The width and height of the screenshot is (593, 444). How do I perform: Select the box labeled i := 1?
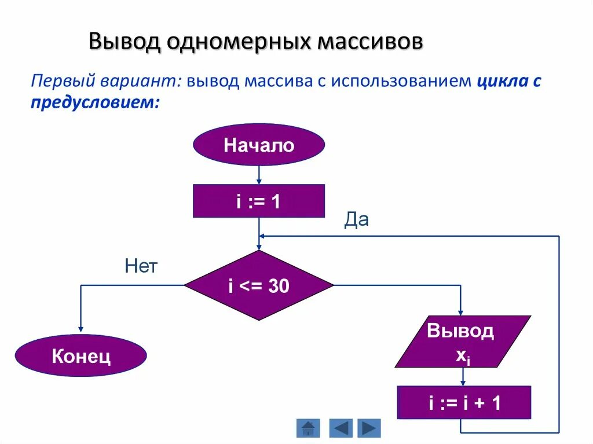pos(259,201)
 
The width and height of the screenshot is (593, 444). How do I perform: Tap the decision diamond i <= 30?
pos(259,285)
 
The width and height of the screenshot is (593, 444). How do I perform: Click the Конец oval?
pos(81,356)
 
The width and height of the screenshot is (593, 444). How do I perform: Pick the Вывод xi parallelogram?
pos(462,342)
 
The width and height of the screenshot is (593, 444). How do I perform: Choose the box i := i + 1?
pos(464,402)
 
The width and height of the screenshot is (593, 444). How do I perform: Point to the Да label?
pos(357,220)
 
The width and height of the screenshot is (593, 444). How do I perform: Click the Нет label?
pos(141,266)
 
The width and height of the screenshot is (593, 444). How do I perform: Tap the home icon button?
pos(308,428)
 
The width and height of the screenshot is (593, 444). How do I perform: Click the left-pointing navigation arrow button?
pos(341,428)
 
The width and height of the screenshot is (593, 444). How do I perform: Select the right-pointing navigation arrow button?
pos(369,428)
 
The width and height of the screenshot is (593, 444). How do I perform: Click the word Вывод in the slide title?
pos(124,43)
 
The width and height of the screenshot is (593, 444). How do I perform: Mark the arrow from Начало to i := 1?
pos(259,174)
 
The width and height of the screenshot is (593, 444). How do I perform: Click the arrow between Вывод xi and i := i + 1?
pos(463,377)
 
